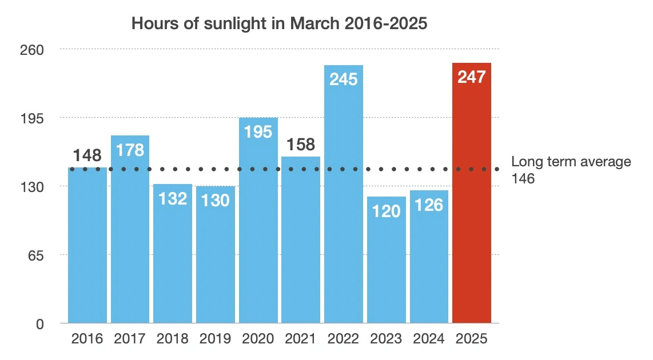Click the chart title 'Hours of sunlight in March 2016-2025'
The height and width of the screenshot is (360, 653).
click(x=280, y=24)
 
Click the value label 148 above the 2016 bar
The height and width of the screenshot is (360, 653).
click(x=87, y=155)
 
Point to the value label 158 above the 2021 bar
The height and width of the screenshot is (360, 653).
click(x=301, y=144)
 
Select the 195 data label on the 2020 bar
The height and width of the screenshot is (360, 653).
click(x=258, y=131)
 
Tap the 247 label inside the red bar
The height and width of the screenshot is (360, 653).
click(x=472, y=77)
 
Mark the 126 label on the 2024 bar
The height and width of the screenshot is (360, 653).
click(x=429, y=205)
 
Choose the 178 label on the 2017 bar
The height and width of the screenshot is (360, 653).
click(x=130, y=150)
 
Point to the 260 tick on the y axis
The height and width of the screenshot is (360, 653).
click(x=33, y=50)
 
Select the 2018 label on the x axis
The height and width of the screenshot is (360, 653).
click(x=173, y=339)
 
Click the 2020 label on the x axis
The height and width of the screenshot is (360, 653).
click(x=258, y=339)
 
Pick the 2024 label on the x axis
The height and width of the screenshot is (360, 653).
click(x=429, y=339)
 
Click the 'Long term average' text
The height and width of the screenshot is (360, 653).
click(x=571, y=162)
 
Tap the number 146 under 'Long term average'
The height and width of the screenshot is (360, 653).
click(x=523, y=178)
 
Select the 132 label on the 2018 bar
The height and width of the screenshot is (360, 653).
click(x=173, y=198)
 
